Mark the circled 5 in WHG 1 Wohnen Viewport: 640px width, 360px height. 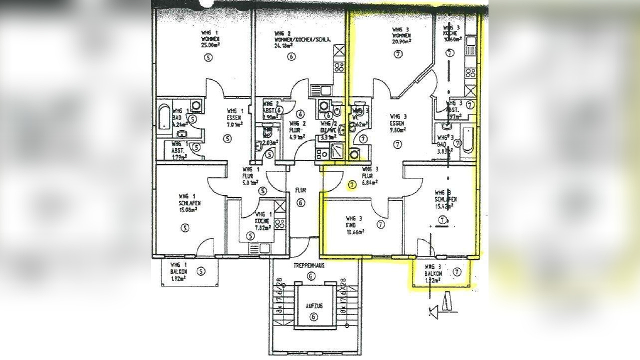(208, 57)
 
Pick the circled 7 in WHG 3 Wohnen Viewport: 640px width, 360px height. (398, 55)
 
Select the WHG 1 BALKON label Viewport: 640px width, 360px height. (179, 267)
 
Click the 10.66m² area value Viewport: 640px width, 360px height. (354, 231)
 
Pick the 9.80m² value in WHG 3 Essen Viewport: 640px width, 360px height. (398, 128)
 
